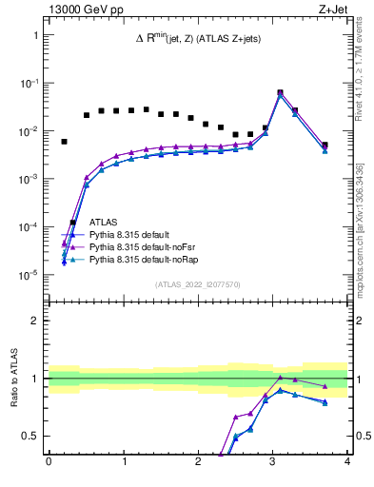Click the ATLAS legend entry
(x=104, y=222)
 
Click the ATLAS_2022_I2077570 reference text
(x=198, y=283)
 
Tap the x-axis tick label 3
(x=273, y=462)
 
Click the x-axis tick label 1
(x=124, y=462)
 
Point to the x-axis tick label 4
(x=347, y=462)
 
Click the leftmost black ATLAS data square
(x=64, y=142)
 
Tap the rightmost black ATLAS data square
(x=325, y=146)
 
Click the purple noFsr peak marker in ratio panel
(x=280, y=378)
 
